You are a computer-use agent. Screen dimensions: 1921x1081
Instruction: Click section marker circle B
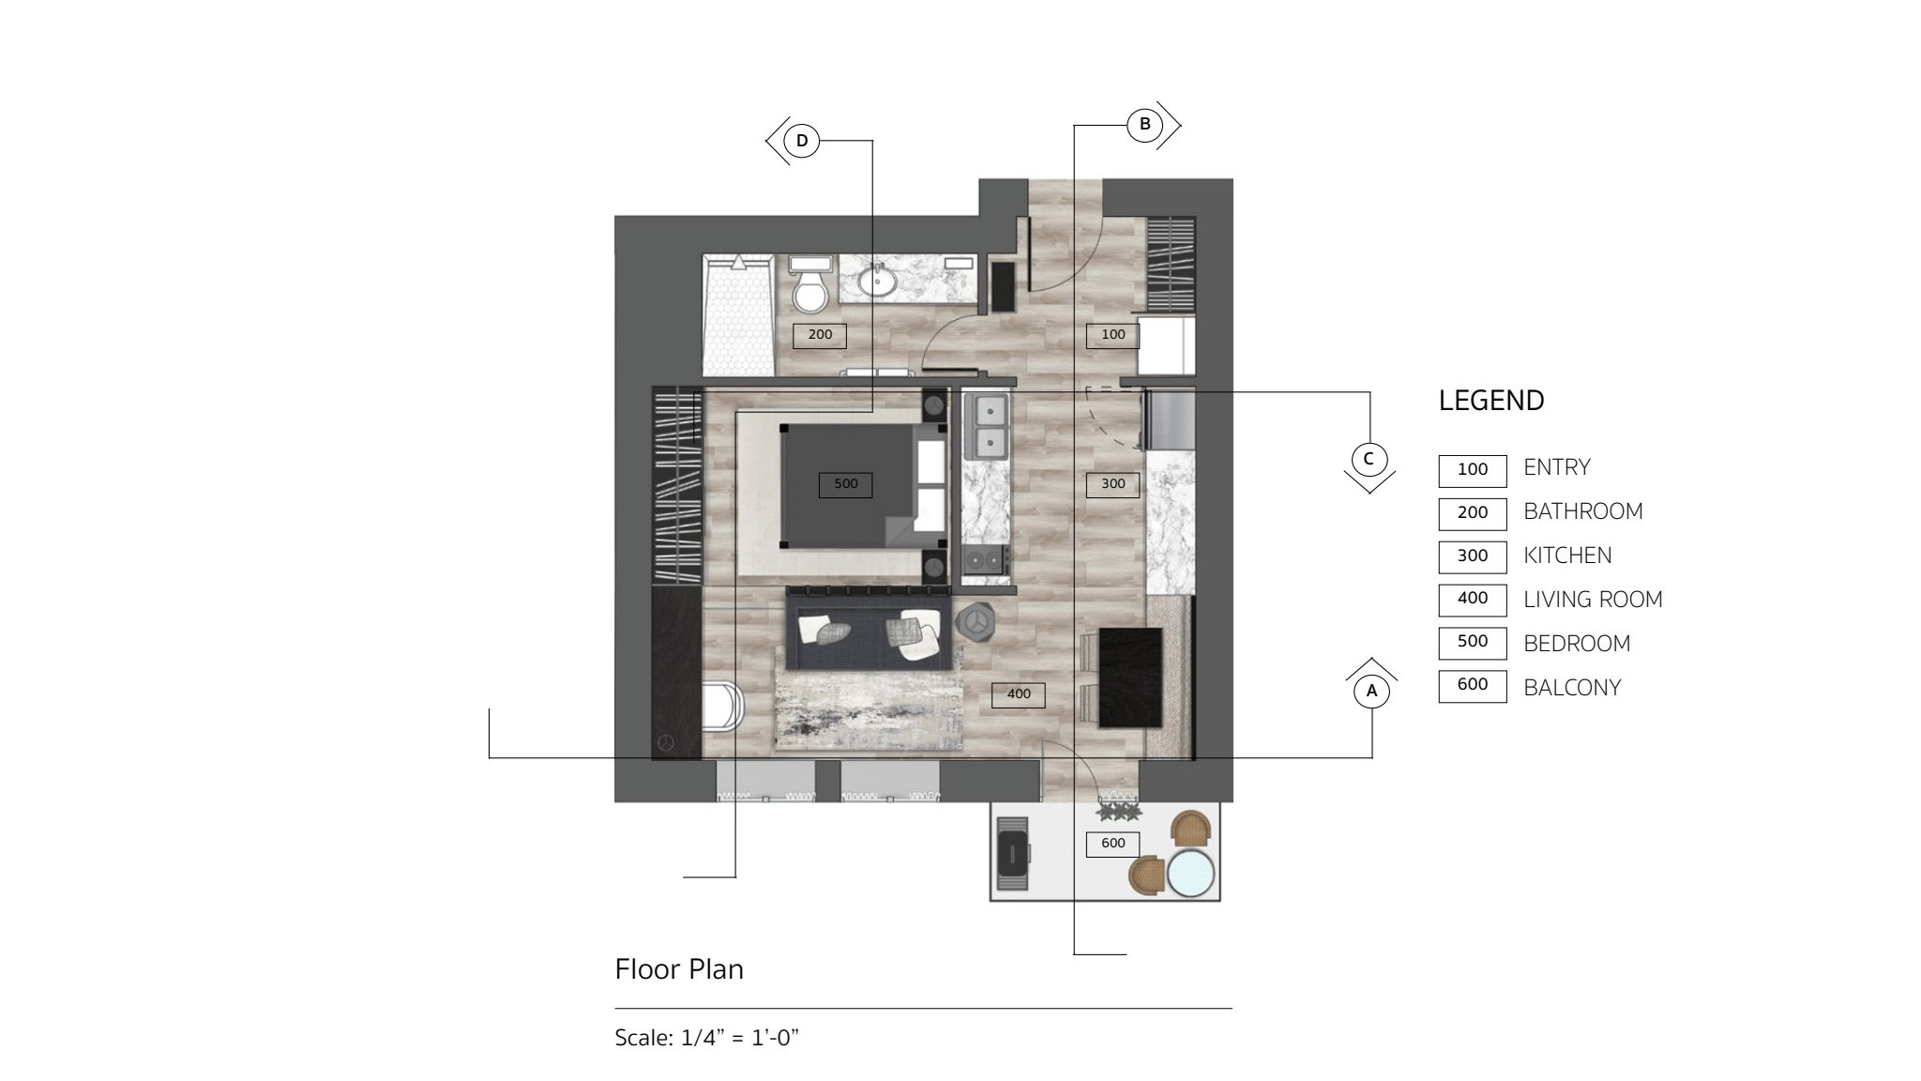pos(1144,124)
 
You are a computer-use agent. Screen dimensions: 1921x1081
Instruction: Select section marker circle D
pos(802,141)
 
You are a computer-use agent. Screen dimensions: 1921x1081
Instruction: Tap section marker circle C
pos(1369,459)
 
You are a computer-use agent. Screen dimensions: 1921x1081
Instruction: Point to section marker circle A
pos(1371,692)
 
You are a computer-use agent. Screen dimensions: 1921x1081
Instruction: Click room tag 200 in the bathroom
pos(820,335)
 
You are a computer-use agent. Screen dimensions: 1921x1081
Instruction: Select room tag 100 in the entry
pos(1112,335)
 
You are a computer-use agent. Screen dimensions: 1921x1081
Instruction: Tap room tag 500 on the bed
pos(845,484)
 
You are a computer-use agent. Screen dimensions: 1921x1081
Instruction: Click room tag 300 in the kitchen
pos(1112,484)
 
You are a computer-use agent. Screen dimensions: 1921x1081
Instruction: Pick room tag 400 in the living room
pos(1019,694)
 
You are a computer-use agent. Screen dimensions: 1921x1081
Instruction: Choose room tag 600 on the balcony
pos(1112,844)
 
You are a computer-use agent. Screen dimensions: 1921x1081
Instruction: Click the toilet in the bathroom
pos(809,283)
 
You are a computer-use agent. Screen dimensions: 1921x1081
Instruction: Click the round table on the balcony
pos(1189,873)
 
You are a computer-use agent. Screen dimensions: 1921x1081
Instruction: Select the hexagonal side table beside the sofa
pos(976,621)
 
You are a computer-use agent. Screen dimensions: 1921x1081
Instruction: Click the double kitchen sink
pos(987,426)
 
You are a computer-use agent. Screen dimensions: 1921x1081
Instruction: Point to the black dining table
pos(1130,678)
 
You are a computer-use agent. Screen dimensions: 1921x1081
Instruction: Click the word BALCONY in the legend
pos(1572,688)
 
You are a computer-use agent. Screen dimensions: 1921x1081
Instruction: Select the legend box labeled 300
pos(1473,556)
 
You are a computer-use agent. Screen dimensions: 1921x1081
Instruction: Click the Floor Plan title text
pos(679,969)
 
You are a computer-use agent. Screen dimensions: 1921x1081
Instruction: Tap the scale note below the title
pos(706,1038)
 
